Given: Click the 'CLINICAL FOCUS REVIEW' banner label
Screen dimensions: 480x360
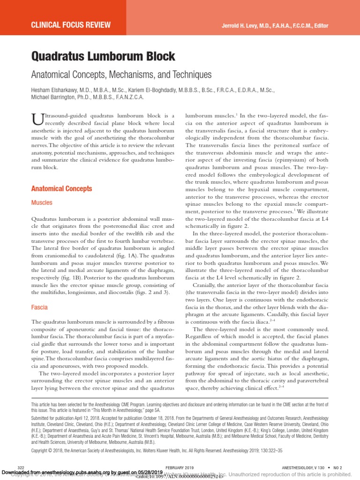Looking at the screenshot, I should click(x=71, y=24).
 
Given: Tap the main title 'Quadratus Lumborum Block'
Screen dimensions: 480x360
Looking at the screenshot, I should click(x=103, y=57).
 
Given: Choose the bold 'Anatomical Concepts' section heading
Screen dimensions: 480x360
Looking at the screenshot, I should click(x=61, y=189).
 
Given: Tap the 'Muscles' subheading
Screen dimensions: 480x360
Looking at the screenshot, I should click(x=42, y=203).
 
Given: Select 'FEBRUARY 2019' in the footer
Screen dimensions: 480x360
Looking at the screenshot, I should click(x=179, y=468).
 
